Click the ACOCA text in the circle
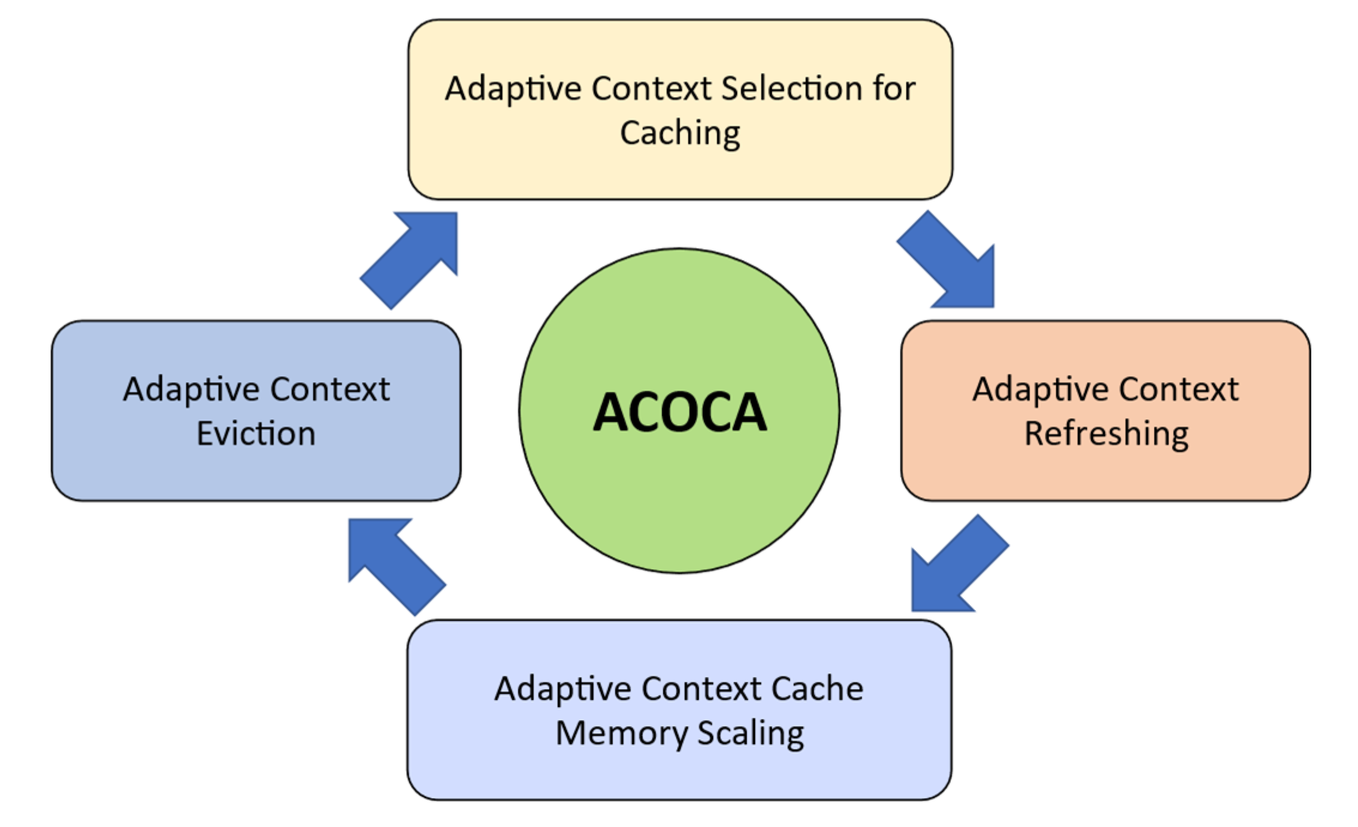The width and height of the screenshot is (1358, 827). pyautogui.click(x=679, y=412)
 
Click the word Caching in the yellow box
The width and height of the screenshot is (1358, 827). pyautogui.click(x=680, y=132)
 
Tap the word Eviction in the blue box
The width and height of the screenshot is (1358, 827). pyautogui.click(x=256, y=434)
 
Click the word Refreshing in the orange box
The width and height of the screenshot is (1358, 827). pyautogui.click(x=1106, y=434)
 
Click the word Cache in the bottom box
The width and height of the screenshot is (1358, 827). pyautogui.click(x=817, y=689)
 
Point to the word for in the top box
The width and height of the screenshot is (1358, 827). pyautogui.click(x=894, y=89)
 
